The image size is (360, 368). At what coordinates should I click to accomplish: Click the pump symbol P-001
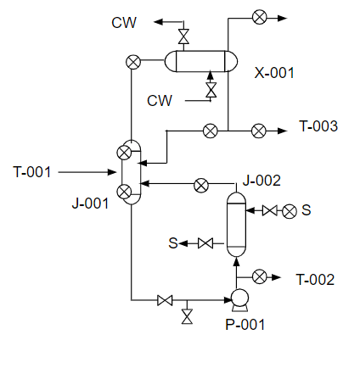coord(239,299)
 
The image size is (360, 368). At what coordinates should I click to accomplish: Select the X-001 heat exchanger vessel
coord(201,61)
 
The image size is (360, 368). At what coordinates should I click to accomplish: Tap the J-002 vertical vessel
coord(237,224)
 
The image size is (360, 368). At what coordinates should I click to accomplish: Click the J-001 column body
coord(132,172)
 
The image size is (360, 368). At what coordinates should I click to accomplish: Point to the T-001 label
coord(32,172)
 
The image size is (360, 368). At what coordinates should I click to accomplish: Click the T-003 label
coord(318,126)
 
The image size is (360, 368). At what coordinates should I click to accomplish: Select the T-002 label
coord(315,280)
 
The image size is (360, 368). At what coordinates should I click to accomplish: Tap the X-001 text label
coord(274,73)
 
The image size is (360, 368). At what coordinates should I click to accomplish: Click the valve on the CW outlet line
coord(183,36)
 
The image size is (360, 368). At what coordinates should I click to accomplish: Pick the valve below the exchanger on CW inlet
coord(211,90)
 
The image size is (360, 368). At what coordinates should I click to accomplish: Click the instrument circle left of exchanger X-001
coord(133,62)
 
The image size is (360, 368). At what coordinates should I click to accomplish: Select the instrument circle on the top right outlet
coord(260,17)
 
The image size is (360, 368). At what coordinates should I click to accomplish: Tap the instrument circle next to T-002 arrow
coord(259,276)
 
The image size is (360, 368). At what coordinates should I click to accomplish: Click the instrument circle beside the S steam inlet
coord(290,211)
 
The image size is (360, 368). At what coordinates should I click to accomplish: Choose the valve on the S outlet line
coord(205,243)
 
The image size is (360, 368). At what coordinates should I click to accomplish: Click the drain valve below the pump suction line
coord(187,316)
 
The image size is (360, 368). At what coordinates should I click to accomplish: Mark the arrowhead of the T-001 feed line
coord(113,172)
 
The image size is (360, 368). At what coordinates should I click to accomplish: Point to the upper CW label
coord(124,23)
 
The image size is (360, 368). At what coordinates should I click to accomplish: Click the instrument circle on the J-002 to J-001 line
coord(201,186)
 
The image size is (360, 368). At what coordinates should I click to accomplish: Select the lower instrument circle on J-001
coord(124,192)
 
